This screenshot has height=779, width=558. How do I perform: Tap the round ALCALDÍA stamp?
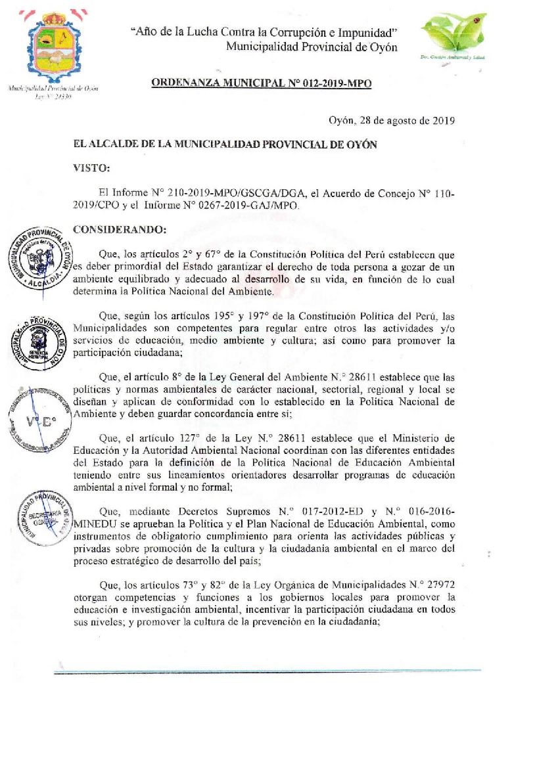[x=40, y=258]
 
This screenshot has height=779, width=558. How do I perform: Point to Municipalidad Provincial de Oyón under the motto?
[x=312, y=47]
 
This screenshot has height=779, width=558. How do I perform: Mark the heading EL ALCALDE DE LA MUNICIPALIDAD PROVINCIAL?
[x=225, y=145]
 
